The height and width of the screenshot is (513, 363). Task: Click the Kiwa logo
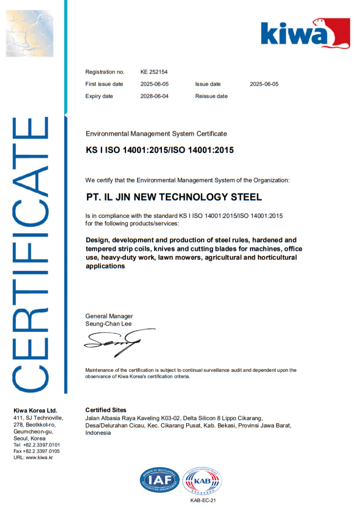coord(305,34)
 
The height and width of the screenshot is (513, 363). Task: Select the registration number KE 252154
coord(154,72)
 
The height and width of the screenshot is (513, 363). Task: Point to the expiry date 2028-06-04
coord(154,96)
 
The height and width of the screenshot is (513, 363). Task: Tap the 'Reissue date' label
coord(211,96)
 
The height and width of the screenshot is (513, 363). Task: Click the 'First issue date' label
coord(104,84)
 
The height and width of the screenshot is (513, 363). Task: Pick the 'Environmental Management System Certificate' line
coord(156,134)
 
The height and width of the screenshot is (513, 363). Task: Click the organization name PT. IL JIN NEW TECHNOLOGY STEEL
coord(174,197)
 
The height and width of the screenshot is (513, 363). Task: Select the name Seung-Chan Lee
coord(108,324)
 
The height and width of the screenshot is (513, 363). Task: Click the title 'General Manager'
coord(109,316)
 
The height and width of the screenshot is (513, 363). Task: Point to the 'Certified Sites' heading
coord(106,410)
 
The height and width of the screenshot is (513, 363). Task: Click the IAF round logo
coord(159,480)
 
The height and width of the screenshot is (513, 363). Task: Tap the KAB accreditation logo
coord(202,480)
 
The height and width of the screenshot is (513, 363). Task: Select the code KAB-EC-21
coord(202,500)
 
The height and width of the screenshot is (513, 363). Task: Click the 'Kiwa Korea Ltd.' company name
coord(35,410)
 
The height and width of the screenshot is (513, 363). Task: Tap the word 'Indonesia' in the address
coord(98,433)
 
